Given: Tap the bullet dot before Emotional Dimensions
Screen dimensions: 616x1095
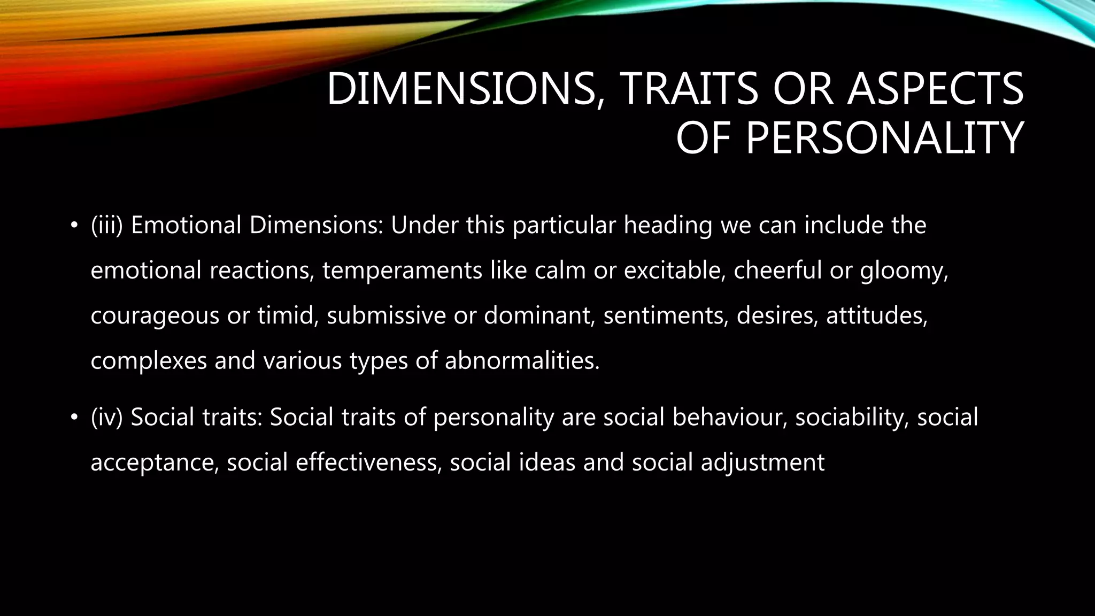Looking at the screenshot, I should click(74, 225).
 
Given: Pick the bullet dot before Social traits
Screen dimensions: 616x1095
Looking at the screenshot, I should click(74, 417).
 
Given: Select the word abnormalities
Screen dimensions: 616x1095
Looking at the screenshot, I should click(522, 361).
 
